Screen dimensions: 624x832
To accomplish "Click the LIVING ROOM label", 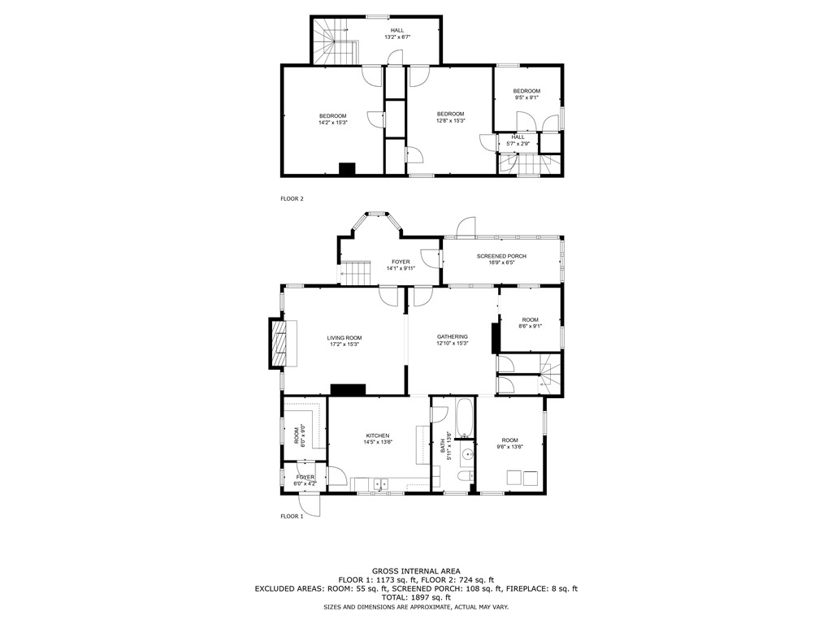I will [x=344, y=337].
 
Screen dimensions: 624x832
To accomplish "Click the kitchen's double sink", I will [x=379, y=485].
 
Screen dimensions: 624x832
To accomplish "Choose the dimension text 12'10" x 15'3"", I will [x=453, y=344].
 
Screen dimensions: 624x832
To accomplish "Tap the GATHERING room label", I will [x=453, y=336].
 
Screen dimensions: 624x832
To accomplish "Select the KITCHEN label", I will [x=378, y=435].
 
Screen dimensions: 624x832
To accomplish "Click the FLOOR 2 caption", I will [x=292, y=198].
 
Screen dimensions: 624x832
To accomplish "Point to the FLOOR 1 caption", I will [x=292, y=516].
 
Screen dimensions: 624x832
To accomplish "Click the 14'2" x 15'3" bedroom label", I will [x=333, y=115].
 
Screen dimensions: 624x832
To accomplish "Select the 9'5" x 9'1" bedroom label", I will [x=526, y=90].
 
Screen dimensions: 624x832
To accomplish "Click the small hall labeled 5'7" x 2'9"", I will [x=518, y=140].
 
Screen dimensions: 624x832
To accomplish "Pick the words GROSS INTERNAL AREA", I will [x=416, y=571].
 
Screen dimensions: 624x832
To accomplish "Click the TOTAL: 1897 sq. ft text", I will [x=416, y=597].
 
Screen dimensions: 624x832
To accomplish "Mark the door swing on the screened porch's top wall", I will [x=466, y=228].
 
